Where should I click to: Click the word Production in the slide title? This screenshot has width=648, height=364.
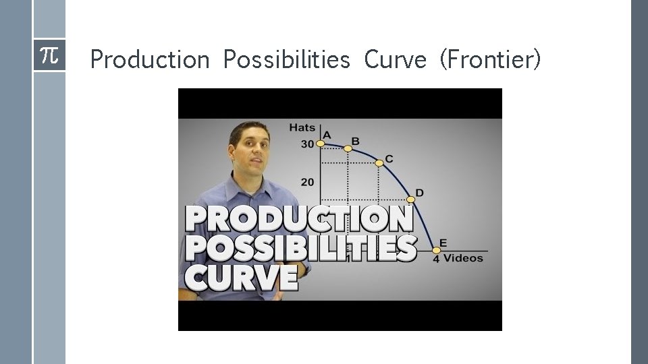(150, 60)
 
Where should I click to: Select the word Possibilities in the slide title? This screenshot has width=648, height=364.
(286, 60)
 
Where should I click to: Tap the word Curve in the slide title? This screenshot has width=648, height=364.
(395, 60)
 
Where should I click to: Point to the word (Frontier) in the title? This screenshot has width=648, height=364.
(490, 60)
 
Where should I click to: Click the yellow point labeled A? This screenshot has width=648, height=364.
(321, 143)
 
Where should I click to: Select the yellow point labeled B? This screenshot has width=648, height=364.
(348, 148)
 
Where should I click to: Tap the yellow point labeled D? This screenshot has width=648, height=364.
(410, 200)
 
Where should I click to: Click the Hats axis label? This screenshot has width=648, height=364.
(301, 127)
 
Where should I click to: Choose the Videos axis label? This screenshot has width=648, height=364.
(464, 258)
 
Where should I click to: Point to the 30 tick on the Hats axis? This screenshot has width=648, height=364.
(307, 144)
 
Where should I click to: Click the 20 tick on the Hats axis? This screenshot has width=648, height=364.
(307, 182)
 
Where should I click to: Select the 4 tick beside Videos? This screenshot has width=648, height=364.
(436, 260)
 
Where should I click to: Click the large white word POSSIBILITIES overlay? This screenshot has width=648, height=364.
(301, 247)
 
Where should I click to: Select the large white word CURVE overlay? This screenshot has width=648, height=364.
(242, 276)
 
